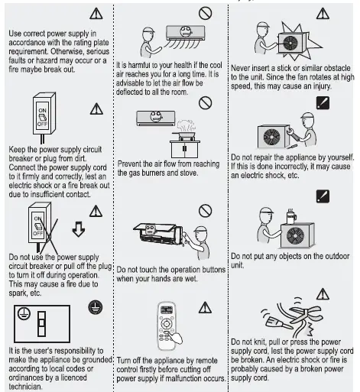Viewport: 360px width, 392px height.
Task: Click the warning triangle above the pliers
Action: point(324,293)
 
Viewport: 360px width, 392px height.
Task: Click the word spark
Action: point(15,292)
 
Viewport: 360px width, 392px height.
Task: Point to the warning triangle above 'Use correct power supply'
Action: point(95,14)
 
